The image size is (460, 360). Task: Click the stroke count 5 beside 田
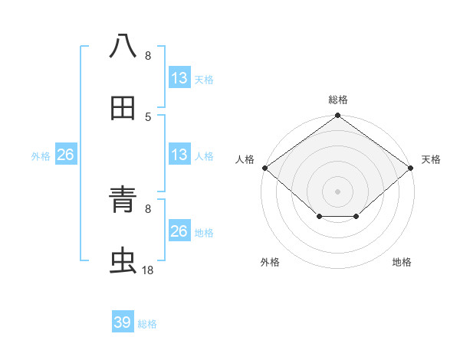[148, 117]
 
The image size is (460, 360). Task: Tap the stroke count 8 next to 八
[148, 56]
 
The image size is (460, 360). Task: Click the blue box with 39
[122, 322]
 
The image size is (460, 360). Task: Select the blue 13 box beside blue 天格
[179, 78]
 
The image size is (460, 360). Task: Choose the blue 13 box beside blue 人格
[179, 155]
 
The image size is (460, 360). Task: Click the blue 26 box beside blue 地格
[179, 231]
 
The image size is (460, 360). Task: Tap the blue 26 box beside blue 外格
[65, 155]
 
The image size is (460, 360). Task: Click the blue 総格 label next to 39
[147, 324]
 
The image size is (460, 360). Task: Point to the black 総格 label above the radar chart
[338, 100]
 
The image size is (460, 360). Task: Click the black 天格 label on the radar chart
[432, 159]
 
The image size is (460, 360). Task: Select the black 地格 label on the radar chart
[402, 263]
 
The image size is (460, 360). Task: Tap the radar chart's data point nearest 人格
[264, 168]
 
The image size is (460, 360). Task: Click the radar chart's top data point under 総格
[338, 116]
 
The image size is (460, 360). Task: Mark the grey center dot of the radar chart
[338, 191]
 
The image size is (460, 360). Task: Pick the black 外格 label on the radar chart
[270, 263]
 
